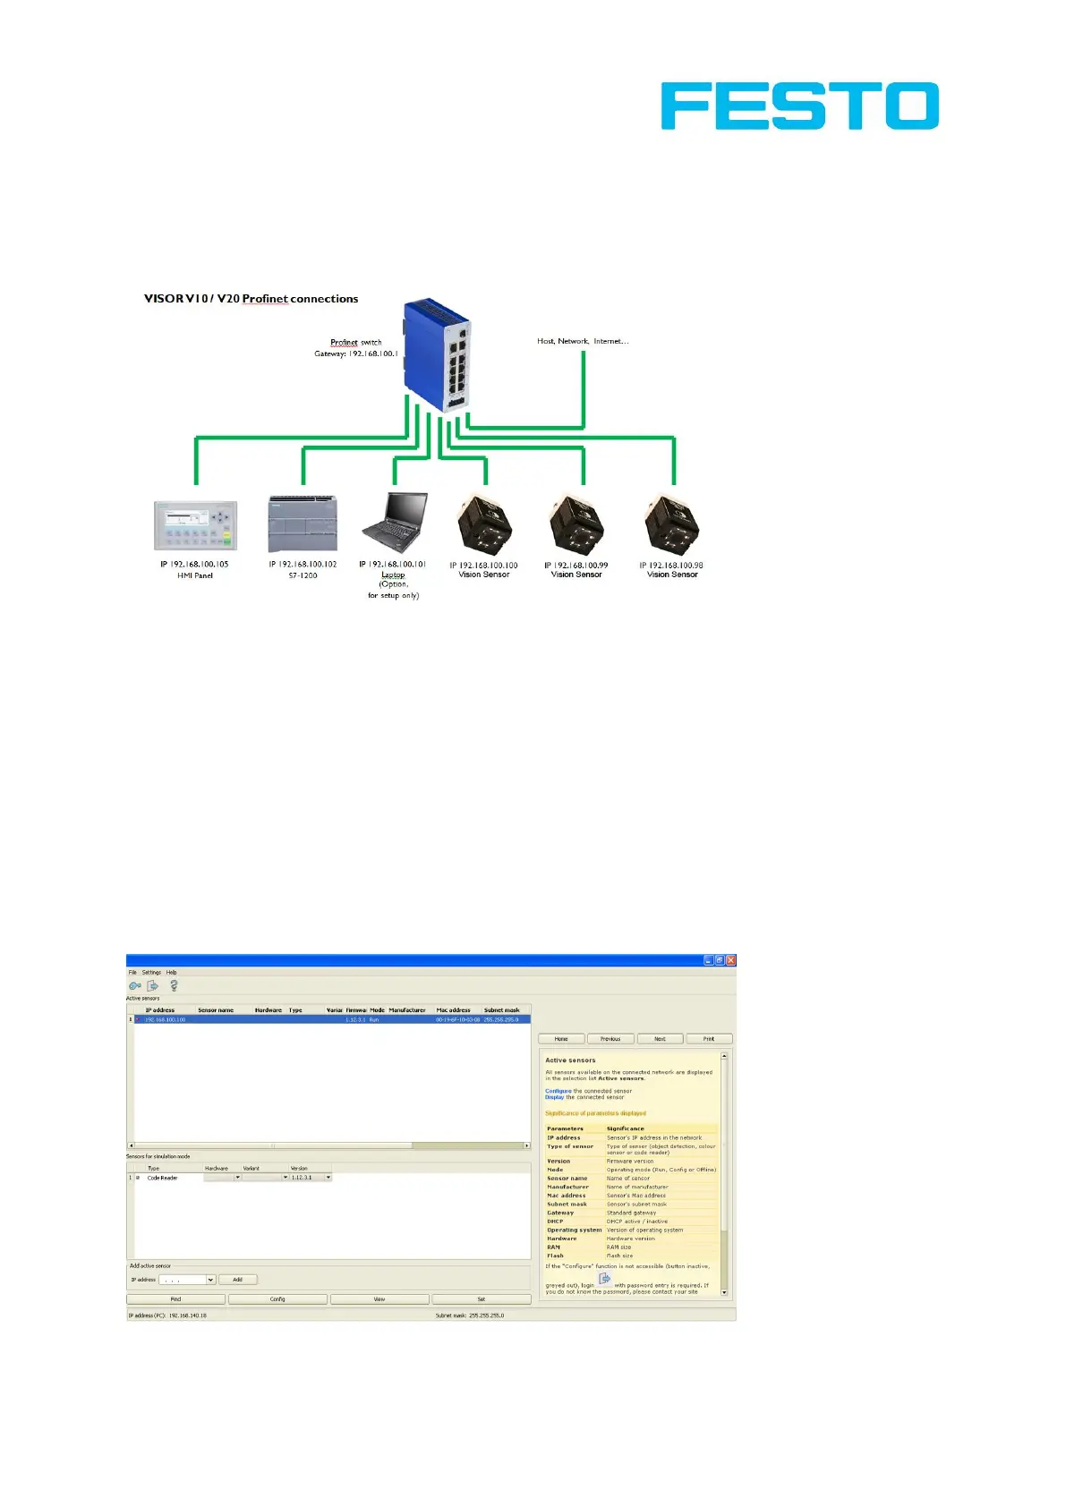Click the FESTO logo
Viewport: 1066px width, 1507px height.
[x=799, y=106]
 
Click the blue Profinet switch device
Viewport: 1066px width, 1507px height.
[x=438, y=354]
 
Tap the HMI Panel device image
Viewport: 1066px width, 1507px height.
[x=195, y=526]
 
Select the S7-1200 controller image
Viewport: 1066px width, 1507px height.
[x=303, y=524]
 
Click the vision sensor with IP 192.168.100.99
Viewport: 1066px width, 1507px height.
[x=577, y=525]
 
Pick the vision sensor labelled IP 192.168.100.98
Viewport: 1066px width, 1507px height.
[x=672, y=525]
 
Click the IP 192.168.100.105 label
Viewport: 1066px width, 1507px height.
[x=194, y=565]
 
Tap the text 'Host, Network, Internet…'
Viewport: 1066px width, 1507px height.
[x=583, y=341]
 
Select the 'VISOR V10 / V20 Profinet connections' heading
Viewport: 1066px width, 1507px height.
[x=252, y=299]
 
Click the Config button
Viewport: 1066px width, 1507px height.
[x=277, y=1298]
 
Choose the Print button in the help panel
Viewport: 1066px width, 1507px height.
[x=709, y=1039]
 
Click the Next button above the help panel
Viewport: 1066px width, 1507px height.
[x=660, y=1039]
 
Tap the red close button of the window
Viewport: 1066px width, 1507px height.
[x=730, y=960]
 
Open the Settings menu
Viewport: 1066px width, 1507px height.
[x=151, y=972]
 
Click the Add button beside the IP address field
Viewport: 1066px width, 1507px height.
[x=237, y=1280]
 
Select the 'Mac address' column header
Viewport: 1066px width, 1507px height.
[x=453, y=1010]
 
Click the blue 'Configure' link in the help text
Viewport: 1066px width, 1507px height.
[x=558, y=1091]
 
